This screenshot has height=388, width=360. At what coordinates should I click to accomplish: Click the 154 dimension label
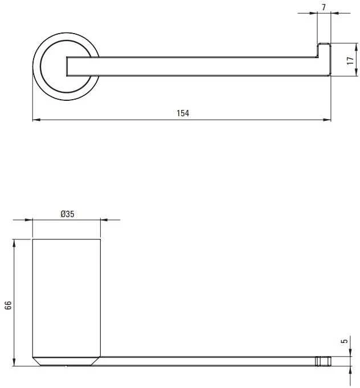[x=183, y=113]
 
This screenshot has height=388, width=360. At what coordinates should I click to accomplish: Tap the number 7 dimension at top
[x=324, y=7]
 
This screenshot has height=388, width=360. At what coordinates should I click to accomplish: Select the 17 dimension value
[x=350, y=60]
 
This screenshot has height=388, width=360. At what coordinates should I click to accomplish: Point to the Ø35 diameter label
[x=67, y=214]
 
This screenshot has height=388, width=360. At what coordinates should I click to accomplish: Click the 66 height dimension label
[x=8, y=305]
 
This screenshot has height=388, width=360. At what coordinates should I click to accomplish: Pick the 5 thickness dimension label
[x=344, y=341]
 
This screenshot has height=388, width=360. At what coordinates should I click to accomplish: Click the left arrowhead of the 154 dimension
[x=36, y=120]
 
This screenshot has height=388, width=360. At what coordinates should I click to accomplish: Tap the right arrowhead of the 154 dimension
[x=327, y=120]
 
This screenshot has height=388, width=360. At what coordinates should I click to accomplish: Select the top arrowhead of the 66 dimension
[x=14, y=243]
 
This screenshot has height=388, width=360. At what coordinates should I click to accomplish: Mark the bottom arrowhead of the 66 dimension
[x=14, y=362]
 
